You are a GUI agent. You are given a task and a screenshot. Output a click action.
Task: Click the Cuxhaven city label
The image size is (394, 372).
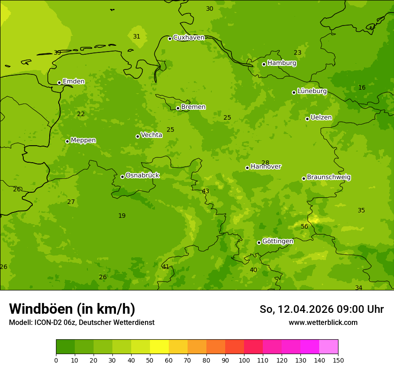pos(188,38)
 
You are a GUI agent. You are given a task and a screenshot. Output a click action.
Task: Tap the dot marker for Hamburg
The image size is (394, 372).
pos(264,64)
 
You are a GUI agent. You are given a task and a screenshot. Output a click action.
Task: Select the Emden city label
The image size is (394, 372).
pos(73,82)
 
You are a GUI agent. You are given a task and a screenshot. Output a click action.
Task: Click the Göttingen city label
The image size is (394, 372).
pos(278,242)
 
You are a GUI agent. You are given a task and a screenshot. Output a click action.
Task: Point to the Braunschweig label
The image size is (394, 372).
pos(329,177)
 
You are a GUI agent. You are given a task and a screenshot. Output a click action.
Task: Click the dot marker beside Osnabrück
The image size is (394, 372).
pos(122,177)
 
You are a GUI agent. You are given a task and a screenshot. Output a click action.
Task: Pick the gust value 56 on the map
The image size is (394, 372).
pos(304,226)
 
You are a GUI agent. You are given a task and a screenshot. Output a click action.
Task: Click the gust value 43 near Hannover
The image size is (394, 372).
pos(206,191)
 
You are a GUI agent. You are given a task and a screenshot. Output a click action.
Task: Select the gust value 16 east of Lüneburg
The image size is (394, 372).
pos(362,87)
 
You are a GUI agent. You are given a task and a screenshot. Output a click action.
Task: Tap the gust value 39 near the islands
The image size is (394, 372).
pos(57,52)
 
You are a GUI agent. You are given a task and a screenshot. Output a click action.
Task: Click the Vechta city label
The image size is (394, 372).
pos(151,135)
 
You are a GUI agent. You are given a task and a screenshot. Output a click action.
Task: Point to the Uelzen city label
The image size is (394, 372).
pos(321,118)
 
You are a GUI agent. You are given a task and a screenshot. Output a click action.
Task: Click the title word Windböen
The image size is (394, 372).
pos(41,309)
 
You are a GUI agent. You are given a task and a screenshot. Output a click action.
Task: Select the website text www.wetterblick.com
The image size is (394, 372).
pos(323,322)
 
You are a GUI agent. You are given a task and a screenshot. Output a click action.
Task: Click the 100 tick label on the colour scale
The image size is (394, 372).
pos(244,360)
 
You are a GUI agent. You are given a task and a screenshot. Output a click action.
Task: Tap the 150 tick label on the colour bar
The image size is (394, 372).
pos(338,360)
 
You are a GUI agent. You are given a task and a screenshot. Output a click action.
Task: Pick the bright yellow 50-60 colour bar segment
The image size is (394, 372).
pos(159,347)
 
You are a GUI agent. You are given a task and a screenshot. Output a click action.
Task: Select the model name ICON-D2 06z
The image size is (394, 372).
pos(54,322)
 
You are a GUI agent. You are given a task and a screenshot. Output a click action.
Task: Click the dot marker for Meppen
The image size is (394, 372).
pos(67,141)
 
